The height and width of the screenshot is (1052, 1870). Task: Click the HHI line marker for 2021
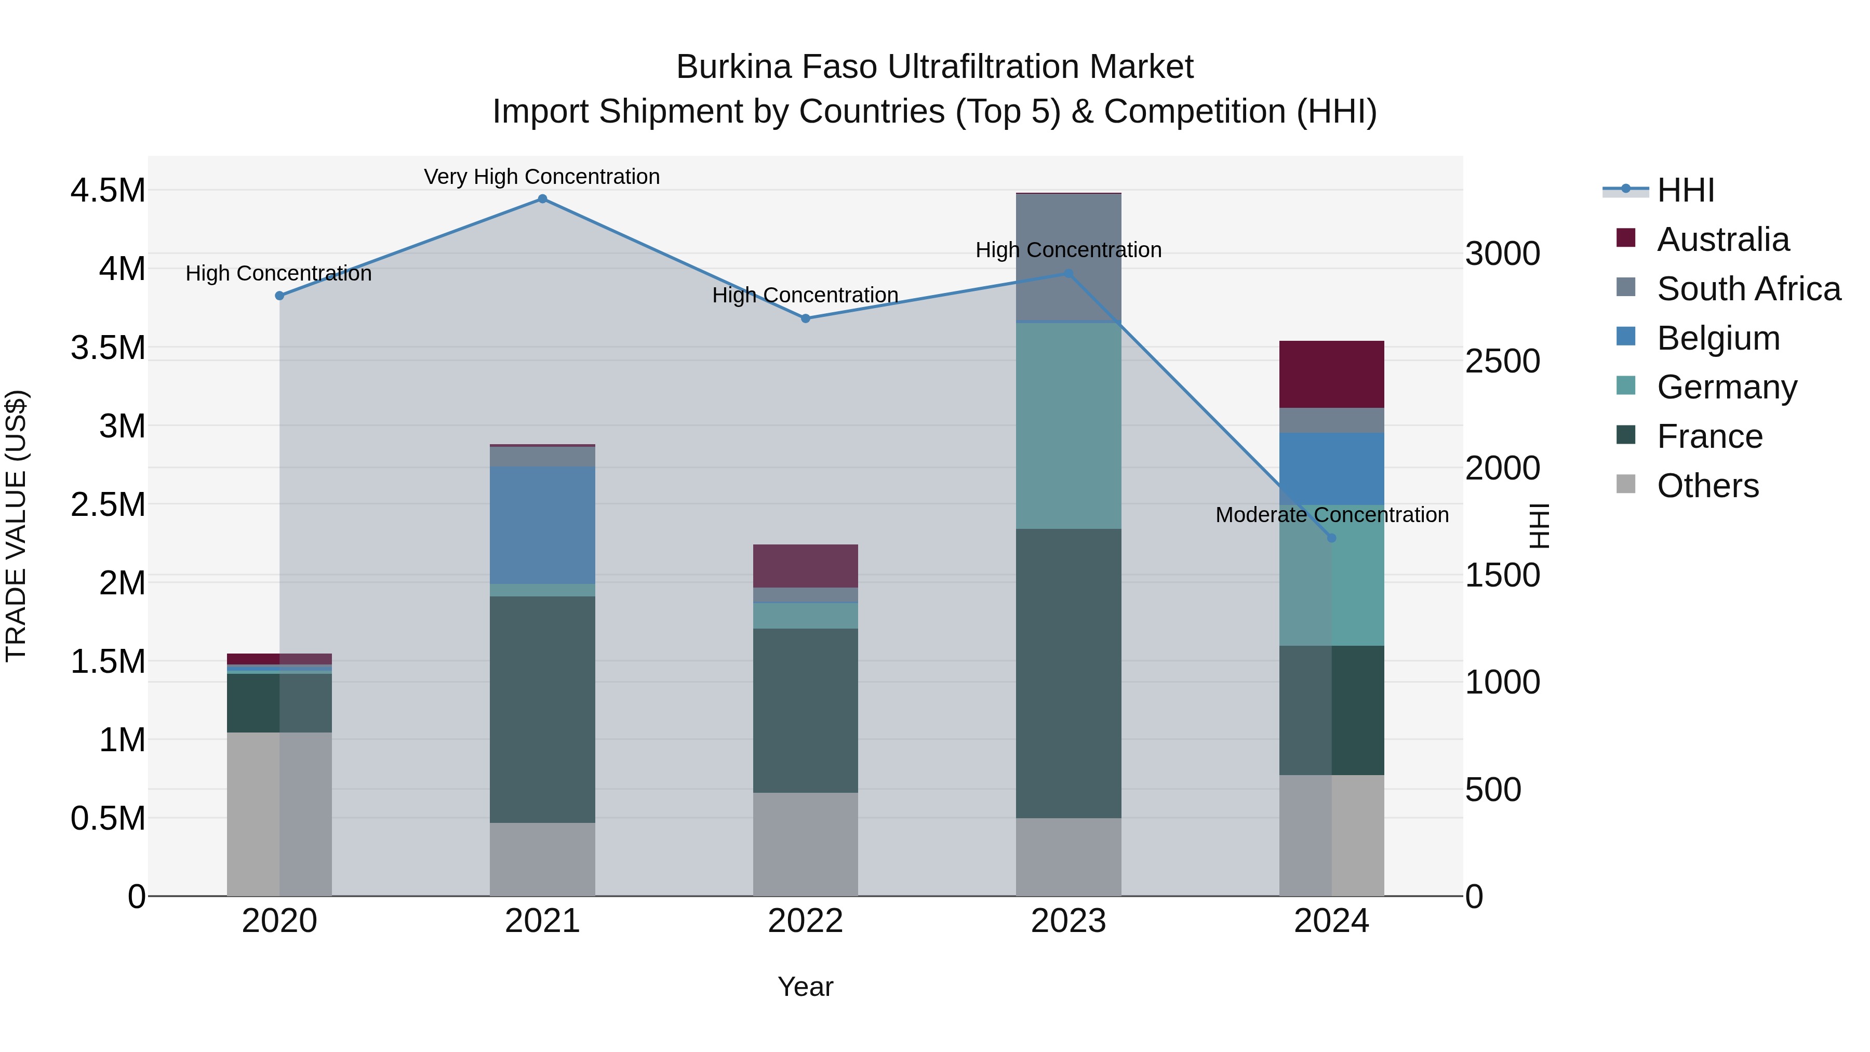tap(542, 199)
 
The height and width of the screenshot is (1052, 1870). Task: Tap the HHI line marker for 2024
tap(1331, 538)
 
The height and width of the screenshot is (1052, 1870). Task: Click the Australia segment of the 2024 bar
tap(1331, 374)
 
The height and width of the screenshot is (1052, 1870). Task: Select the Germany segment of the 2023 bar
tap(1068, 425)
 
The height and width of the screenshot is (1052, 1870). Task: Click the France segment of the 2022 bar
tap(805, 710)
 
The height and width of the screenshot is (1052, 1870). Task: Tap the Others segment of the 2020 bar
tap(279, 814)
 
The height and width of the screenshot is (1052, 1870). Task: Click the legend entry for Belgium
tap(1718, 338)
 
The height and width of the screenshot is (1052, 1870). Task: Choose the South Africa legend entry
tap(1748, 289)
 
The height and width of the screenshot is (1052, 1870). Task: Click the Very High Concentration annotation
tap(542, 177)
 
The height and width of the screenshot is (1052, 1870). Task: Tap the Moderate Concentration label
tap(1331, 515)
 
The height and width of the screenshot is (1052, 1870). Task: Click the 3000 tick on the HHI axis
tap(1502, 254)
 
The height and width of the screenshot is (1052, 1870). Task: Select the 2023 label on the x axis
tap(1068, 921)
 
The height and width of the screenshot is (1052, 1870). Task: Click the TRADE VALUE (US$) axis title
tap(16, 526)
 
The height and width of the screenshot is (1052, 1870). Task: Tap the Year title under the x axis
tap(805, 987)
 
